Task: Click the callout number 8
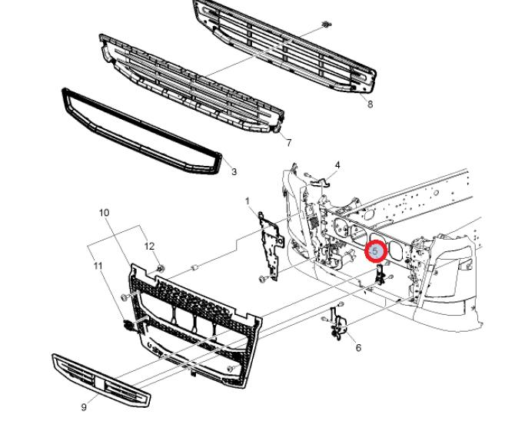click(370, 104)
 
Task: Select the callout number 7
click(289, 143)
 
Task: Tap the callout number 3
click(234, 171)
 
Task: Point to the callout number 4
click(337, 165)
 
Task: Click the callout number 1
click(248, 200)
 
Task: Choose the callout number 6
click(358, 347)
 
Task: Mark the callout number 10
click(104, 213)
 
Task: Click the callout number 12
click(149, 246)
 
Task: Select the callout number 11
click(98, 266)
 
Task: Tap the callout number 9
click(84, 407)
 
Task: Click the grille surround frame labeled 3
click(142, 131)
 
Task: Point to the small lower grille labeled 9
click(101, 380)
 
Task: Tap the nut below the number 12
click(161, 269)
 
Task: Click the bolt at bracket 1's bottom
click(262, 280)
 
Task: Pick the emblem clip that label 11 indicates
click(128, 325)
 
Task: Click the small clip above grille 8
click(326, 24)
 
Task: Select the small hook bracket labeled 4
click(317, 181)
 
